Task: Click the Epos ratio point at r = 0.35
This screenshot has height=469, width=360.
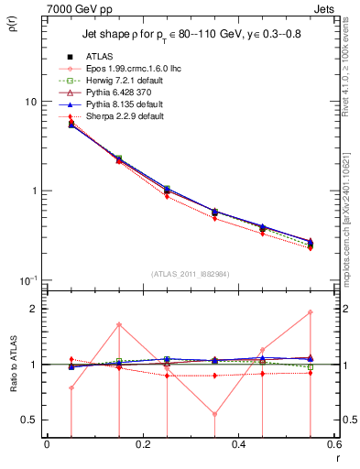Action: [214, 414]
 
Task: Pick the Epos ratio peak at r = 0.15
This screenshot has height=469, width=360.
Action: [119, 325]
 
